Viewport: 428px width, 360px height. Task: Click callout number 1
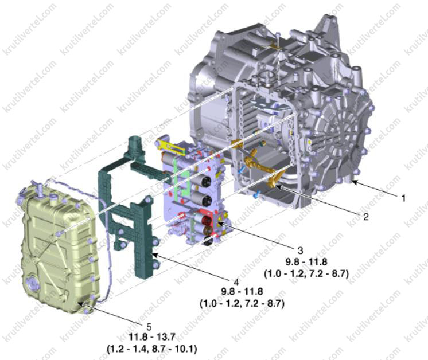(x=404, y=198)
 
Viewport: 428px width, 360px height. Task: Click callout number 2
(x=366, y=217)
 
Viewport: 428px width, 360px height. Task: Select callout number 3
(x=300, y=251)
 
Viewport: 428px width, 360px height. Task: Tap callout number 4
(x=236, y=281)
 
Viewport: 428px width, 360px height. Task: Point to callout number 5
(x=149, y=326)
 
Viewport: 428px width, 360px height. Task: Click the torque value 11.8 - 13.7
(x=152, y=337)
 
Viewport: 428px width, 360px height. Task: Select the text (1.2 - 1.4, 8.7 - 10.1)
(x=152, y=349)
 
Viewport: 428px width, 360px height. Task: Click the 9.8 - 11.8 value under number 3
(x=306, y=262)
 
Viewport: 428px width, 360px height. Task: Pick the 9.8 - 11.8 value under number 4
(x=242, y=292)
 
